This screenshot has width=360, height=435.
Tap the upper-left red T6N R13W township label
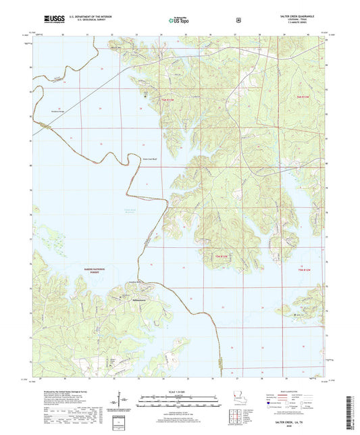tap(168, 99)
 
